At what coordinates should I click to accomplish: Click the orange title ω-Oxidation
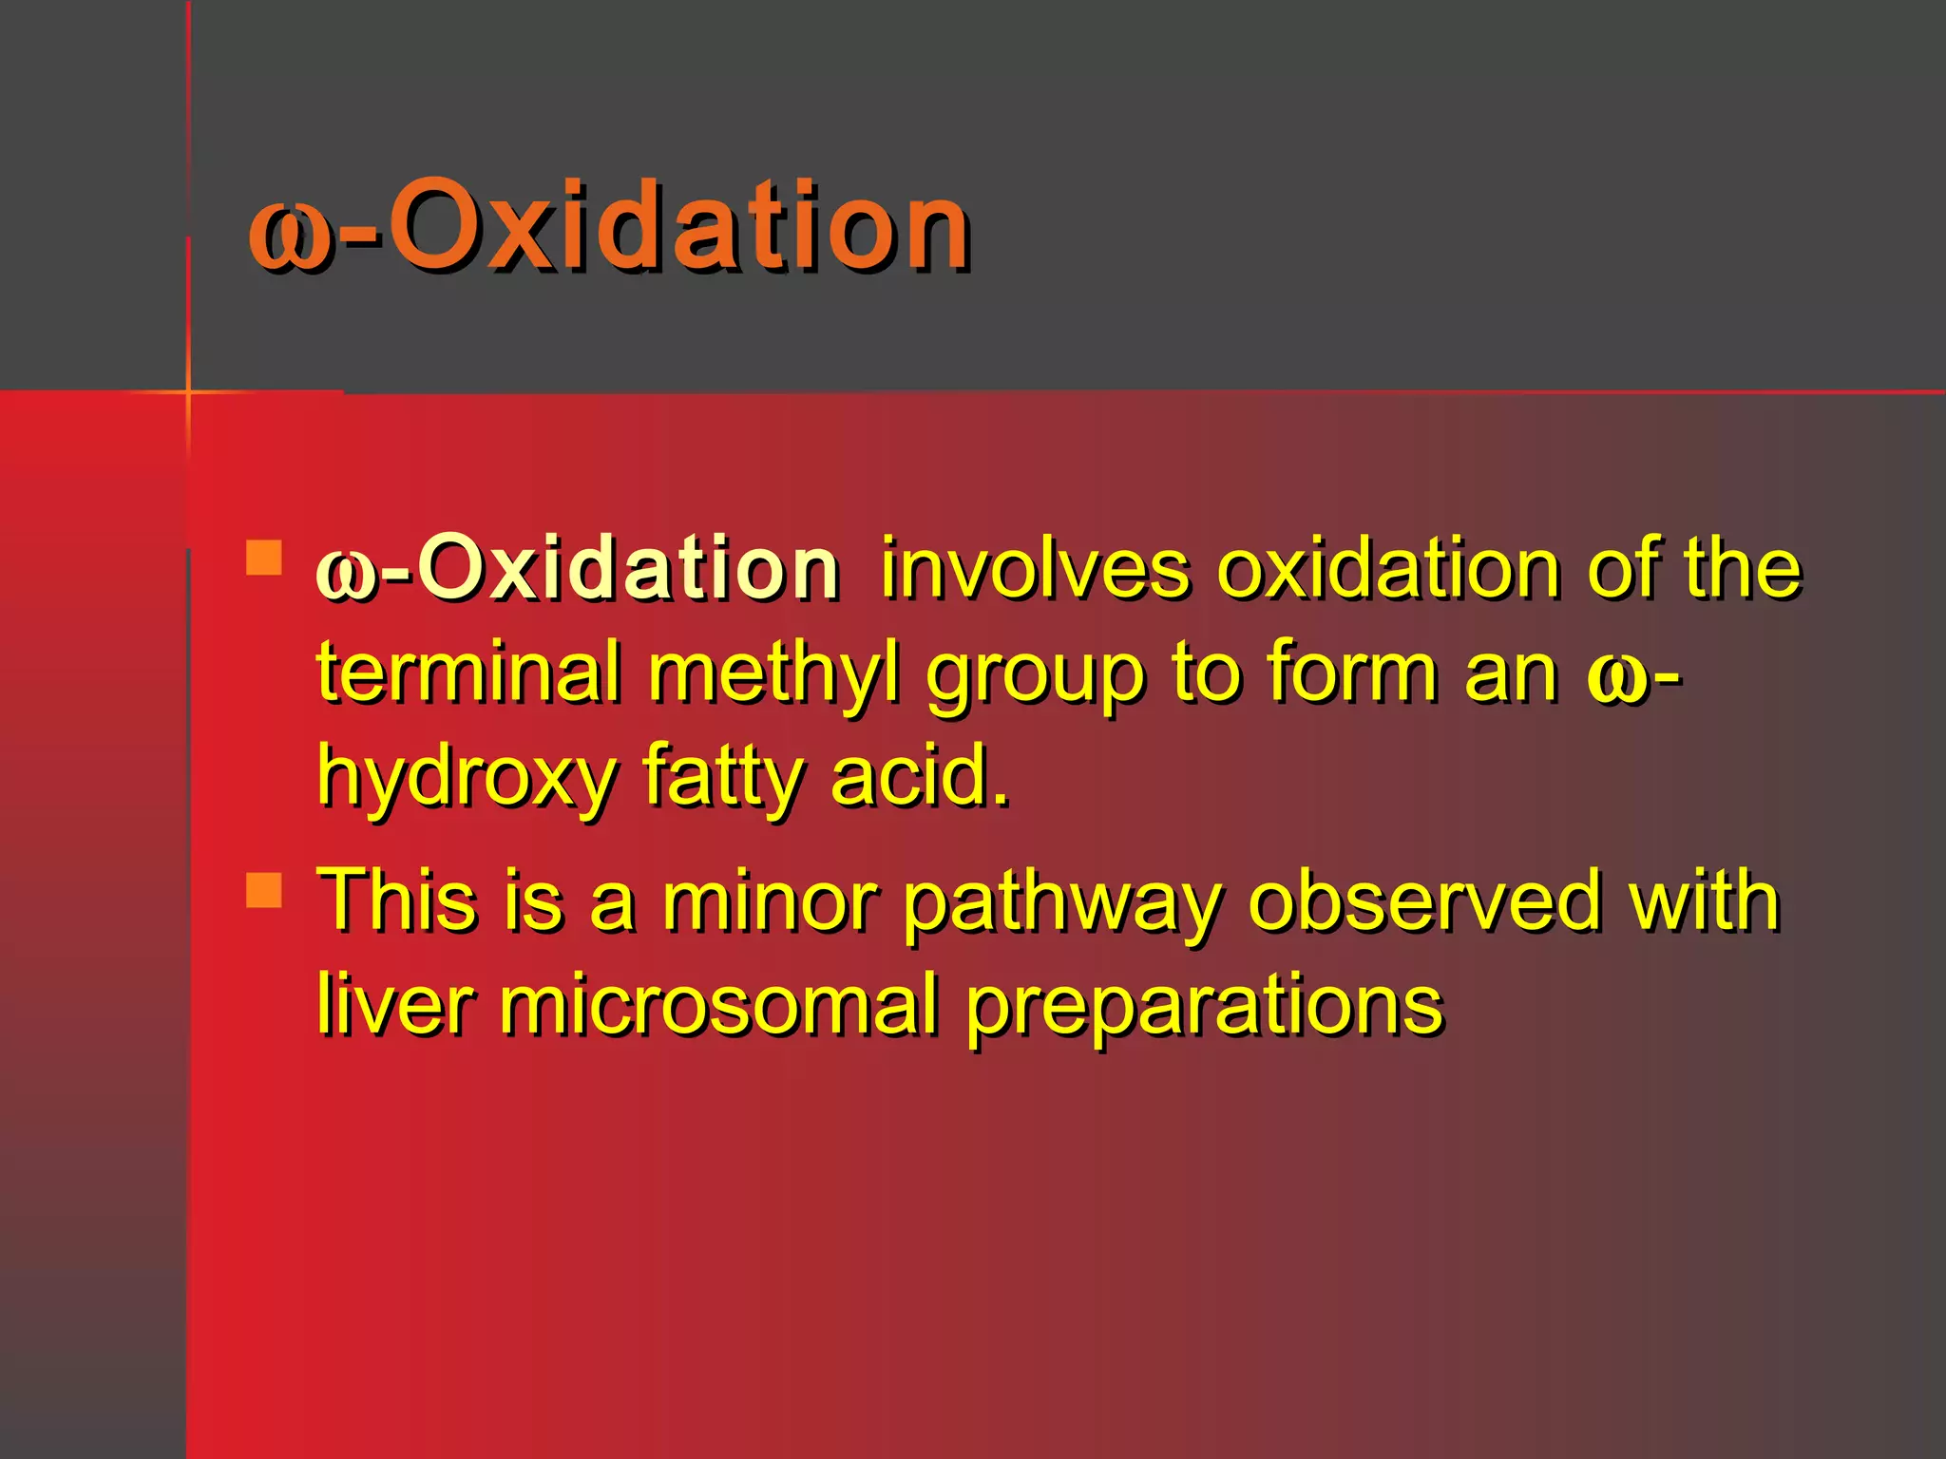point(608,228)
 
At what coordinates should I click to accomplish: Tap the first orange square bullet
point(264,559)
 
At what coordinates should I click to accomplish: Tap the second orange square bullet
point(264,891)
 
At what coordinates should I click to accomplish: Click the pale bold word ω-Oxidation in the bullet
point(578,570)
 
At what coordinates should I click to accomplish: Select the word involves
point(1034,570)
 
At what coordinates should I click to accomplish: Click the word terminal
point(468,673)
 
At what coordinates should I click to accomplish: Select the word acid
point(918,776)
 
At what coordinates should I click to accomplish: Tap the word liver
point(394,1004)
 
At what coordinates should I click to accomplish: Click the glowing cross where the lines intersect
point(188,390)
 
